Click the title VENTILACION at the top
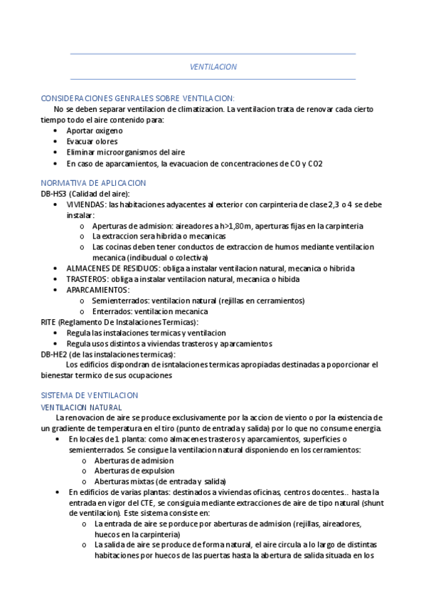pyautogui.click(x=213, y=66)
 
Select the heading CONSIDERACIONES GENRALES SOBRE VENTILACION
pyautogui.click(x=137, y=98)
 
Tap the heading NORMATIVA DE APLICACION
pyautogui.click(x=93, y=183)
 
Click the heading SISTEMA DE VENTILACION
pyautogui.click(x=90, y=395)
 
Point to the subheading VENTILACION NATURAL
pyautogui.click(x=82, y=406)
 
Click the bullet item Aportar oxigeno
pyautogui.click(x=95, y=131)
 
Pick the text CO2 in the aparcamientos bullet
pyautogui.click(x=314, y=163)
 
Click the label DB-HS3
pyautogui.click(x=54, y=194)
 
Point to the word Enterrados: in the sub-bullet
pyautogui.click(x=112, y=311)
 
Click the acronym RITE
pyautogui.click(x=49, y=322)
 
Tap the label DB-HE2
pyautogui.click(x=54, y=354)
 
